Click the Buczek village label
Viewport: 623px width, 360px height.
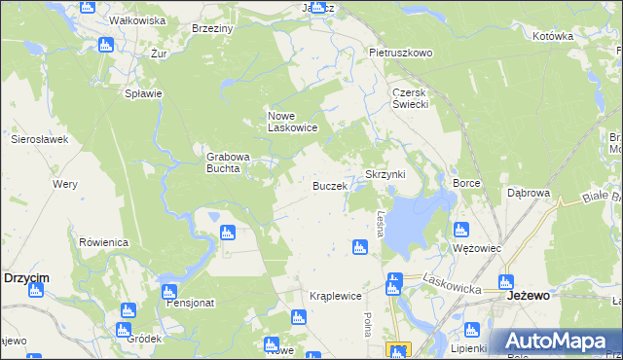click(x=329, y=185)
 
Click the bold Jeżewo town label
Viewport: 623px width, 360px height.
click(x=531, y=295)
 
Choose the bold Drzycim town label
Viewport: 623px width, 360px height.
click(x=26, y=277)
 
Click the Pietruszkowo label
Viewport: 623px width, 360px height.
click(x=400, y=53)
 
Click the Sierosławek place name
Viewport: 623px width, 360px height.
click(x=39, y=139)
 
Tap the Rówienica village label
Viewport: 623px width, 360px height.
click(x=104, y=241)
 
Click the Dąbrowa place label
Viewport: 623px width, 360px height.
click(x=529, y=193)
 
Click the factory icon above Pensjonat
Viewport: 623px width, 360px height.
click(x=168, y=291)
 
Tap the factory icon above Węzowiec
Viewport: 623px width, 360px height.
click(x=461, y=231)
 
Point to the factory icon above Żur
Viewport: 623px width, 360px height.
click(x=106, y=44)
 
